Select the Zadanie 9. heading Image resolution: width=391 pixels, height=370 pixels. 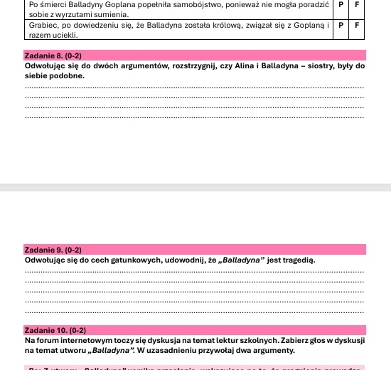53,250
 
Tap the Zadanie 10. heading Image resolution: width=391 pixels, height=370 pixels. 55,331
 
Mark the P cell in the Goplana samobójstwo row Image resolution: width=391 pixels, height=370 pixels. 341,4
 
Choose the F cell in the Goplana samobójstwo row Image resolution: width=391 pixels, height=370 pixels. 357,4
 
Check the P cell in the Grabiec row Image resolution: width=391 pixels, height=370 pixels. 341,24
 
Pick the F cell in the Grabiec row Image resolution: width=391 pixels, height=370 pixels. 357,24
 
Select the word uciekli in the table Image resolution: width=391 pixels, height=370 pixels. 63,33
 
